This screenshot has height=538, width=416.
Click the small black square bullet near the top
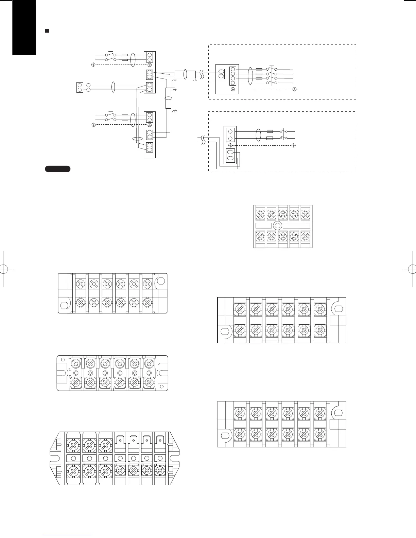coord(47,31)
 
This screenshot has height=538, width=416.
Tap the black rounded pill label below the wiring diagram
coord(57,169)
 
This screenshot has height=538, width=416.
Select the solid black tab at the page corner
coord(24,27)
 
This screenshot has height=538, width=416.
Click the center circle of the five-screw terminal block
coord(277,226)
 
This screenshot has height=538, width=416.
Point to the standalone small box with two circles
coord(80,87)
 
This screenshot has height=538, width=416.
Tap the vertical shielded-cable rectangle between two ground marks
coord(168,98)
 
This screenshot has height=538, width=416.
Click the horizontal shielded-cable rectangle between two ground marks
coord(185,74)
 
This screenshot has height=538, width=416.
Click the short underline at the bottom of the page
coord(68,535)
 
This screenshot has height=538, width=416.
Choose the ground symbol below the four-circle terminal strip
coord(233,89)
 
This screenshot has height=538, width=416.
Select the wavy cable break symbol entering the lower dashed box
coord(203,139)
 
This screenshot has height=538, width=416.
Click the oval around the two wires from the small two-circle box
coord(114,87)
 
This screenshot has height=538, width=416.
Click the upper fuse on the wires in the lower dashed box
coord(270,131)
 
